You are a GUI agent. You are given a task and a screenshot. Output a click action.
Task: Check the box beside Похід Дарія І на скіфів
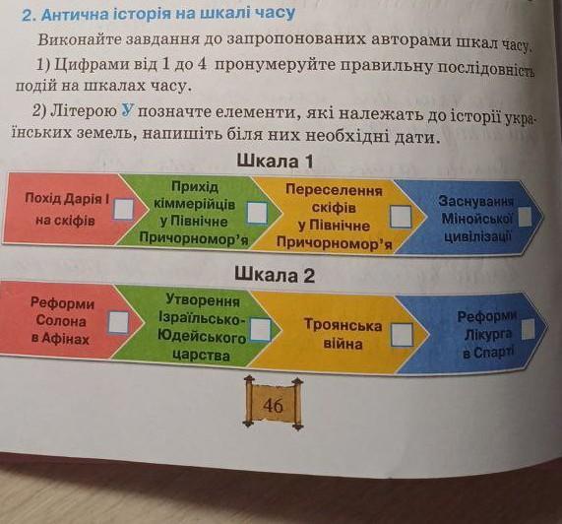tap(124, 209)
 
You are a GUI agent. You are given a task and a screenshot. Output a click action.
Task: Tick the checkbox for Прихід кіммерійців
tap(257, 213)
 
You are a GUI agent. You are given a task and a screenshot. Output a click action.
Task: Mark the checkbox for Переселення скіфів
tap(401, 217)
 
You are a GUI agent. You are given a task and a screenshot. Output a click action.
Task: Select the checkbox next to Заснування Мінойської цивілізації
tap(525, 217)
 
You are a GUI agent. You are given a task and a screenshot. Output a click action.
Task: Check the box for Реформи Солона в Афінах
tap(119, 322)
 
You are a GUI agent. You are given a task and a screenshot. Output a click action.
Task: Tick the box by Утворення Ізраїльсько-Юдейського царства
tap(260, 329)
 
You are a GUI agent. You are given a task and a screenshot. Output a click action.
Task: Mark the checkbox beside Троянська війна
tap(402, 335)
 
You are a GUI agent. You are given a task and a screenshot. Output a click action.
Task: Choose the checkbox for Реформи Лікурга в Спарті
tap(528, 329)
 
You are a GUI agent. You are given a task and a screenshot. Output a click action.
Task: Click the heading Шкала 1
tap(275, 161)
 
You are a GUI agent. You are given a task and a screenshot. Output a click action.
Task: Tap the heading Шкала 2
tap(275, 276)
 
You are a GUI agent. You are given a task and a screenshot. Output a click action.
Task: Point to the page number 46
tap(273, 406)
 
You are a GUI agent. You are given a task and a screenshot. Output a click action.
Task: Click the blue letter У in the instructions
tap(127, 111)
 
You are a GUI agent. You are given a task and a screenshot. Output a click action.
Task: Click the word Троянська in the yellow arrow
tap(343, 325)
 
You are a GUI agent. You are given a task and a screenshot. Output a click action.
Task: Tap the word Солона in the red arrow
tap(61, 321)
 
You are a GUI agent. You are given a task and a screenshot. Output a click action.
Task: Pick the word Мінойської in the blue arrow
tap(477, 218)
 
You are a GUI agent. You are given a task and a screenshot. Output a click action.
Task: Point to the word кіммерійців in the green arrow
tap(195, 204)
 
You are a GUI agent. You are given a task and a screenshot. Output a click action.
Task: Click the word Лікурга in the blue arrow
tap(488, 335)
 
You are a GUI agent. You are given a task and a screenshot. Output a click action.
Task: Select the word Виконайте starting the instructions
tap(80, 39)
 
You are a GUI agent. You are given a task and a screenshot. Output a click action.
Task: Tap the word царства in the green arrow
tap(201, 355)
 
